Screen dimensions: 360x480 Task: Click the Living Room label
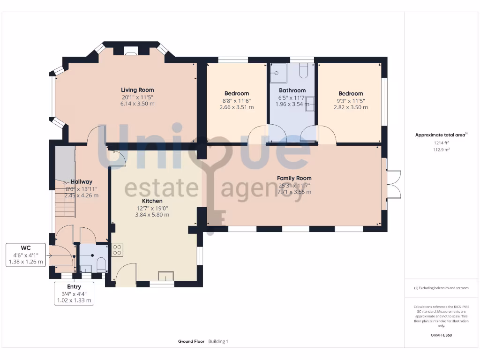pos(137,90)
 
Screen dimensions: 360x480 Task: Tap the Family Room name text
pos(294,178)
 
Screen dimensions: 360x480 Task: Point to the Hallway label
pos(82,181)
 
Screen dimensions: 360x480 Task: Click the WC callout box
pos(26,255)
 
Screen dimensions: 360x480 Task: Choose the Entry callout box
pos(74,293)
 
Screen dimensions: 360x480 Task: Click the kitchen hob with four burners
pos(117,250)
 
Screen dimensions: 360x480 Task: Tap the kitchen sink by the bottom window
pos(165,276)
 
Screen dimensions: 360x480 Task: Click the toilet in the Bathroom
pos(303,70)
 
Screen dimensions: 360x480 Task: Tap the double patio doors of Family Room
pos(393,184)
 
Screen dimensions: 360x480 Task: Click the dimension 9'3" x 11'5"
pos(351,100)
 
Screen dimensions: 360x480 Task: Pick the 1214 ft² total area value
pos(441,143)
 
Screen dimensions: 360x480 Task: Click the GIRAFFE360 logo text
pos(441,335)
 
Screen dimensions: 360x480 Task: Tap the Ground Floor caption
pos(191,342)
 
